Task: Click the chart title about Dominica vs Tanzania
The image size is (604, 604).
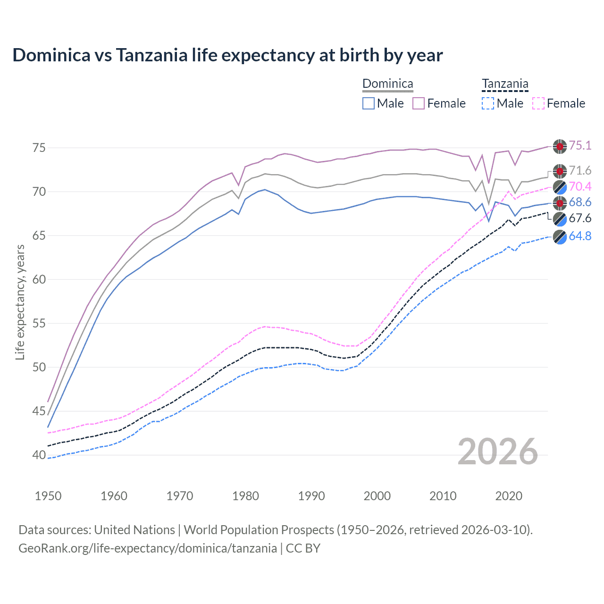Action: [227, 55]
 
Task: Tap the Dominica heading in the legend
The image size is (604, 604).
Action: [387, 84]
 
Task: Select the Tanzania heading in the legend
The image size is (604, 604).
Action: [505, 84]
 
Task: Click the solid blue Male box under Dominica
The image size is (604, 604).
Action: [369, 103]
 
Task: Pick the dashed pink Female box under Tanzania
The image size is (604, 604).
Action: [538, 103]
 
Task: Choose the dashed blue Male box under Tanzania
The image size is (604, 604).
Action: [488, 103]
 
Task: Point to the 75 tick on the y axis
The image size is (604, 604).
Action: [39, 148]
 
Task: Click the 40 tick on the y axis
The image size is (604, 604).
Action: [39, 455]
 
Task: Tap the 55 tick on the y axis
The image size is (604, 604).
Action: [39, 324]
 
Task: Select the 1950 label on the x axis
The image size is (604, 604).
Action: [48, 496]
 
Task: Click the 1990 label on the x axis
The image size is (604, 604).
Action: [311, 496]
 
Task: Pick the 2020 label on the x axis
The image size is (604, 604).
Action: [509, 496]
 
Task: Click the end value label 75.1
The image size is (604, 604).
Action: [580, 145]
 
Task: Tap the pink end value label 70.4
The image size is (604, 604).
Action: [580, 186]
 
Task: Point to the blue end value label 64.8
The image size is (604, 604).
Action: [580, 236]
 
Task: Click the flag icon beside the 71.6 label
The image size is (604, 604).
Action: [560, 171]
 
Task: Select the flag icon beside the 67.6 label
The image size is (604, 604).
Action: [560, 219]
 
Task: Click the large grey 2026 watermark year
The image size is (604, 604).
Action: [497, 452]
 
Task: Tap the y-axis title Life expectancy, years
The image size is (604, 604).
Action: [20, 302]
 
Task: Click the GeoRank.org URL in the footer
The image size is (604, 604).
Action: [147, 548]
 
